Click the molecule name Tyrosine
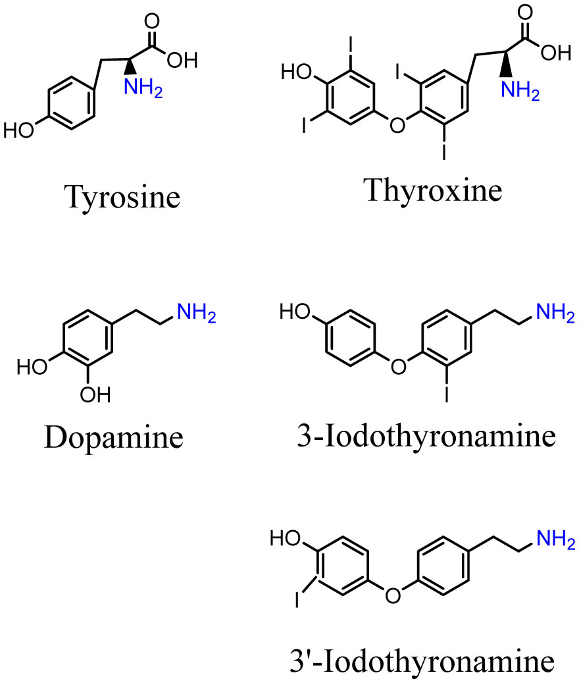click(x=122, y=196)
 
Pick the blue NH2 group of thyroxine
click(x=519, y=93)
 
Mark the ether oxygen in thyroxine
click(x=395, y=123)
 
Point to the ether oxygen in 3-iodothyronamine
click(x=396, y=364)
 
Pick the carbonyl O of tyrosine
click(x=153, y=20)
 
